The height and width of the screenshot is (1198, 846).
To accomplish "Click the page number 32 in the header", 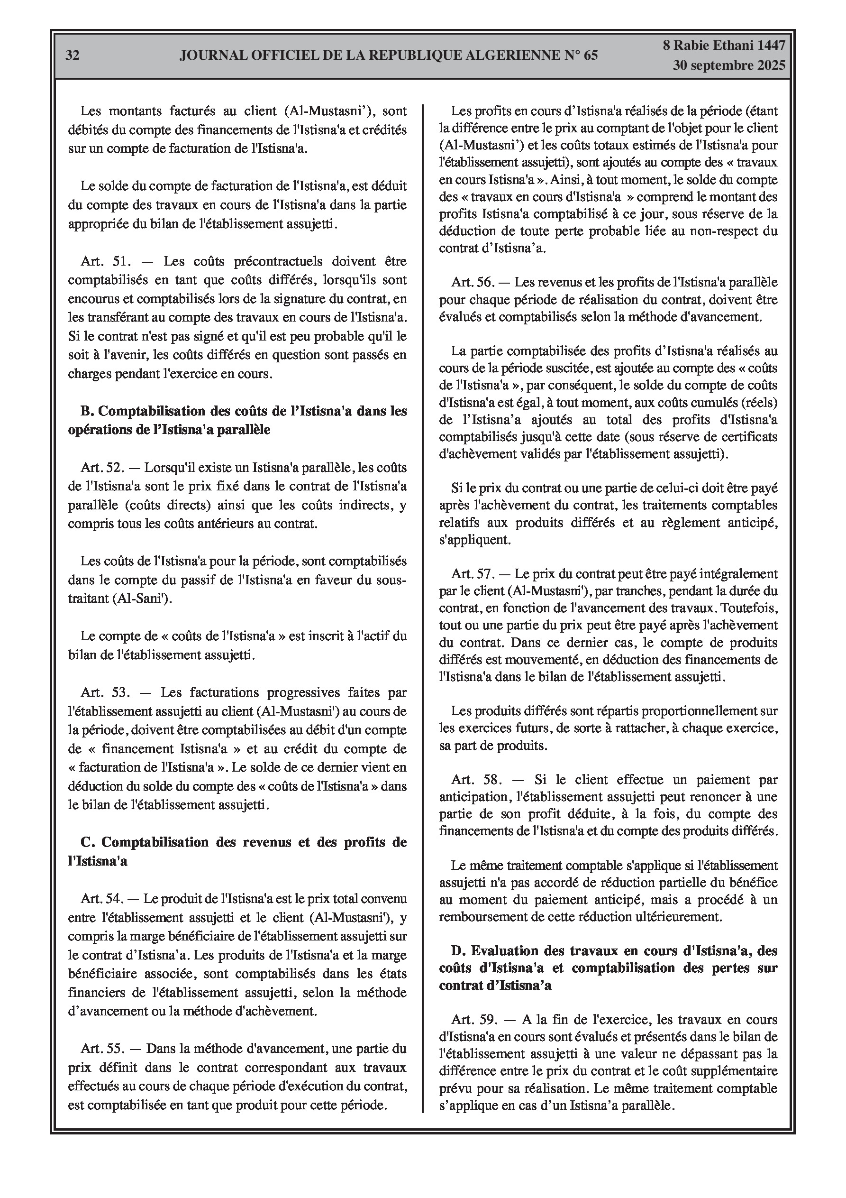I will click(73, 55).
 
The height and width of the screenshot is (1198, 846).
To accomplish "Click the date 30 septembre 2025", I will click(728, 66).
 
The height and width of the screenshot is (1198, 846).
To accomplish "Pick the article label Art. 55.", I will click(102, 1049).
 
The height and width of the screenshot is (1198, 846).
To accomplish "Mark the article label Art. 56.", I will click(473, 283).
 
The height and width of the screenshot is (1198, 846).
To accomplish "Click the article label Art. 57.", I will click(473, 574).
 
